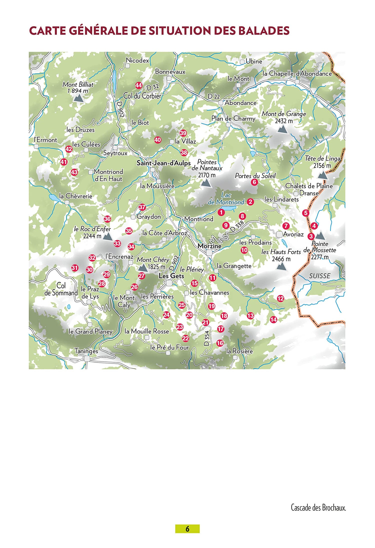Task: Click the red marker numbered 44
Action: tap(138, 85)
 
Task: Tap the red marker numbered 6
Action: tap(254, 182)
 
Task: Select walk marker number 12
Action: tap(280, 298)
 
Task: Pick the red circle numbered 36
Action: tap(107, 219)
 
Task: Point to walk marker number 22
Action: tap(185, 338)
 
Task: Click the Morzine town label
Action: tap(209, 246)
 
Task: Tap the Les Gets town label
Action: tap(171, 276)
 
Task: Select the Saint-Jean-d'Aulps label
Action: tap(163, 163)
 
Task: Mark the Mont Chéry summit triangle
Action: tap(143, 268)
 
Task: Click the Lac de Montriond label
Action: tap(226, 199)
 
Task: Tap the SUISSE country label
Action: tap(319, 276)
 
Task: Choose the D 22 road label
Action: tap(213, 96)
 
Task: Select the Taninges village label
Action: tap(86, 351)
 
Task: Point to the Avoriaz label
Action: tap(293, 234)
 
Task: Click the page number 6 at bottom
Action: tap(187, 529)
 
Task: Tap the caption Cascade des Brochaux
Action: tap(318, 508)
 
